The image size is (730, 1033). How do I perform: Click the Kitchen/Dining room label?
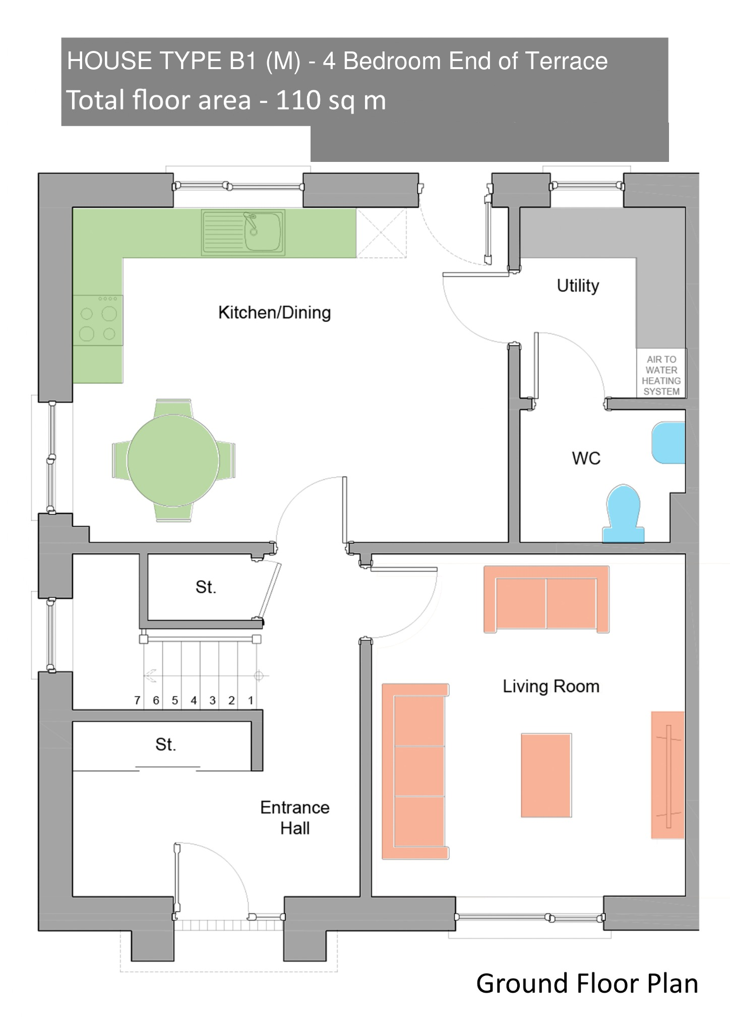pos(275,313)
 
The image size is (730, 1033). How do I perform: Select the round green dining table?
pos(173,460)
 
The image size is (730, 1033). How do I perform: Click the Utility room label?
pos(578,286)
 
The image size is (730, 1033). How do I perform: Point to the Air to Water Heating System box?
pos(661,374)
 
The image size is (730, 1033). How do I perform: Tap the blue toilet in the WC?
pos(624,513)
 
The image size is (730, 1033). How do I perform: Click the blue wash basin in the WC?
pos(668,443)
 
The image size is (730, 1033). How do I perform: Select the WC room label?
pos(586,458)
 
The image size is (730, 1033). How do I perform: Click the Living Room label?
pos(551,686)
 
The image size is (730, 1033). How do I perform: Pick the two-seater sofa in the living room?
pos(546,599)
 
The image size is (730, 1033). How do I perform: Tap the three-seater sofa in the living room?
pos(415,771)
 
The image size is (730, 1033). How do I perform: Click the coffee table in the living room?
pos(546,775)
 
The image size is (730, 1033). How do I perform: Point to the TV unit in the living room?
pos(668,775)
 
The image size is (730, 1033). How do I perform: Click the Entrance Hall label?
pos(295,818)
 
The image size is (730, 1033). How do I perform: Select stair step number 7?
pos(137,700)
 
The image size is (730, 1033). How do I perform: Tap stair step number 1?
pos(251,700)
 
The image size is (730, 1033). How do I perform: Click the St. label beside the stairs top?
pos(206,587)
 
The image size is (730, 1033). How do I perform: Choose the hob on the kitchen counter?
pos(98,320)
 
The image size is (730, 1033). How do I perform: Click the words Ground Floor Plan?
pos(587,984)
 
